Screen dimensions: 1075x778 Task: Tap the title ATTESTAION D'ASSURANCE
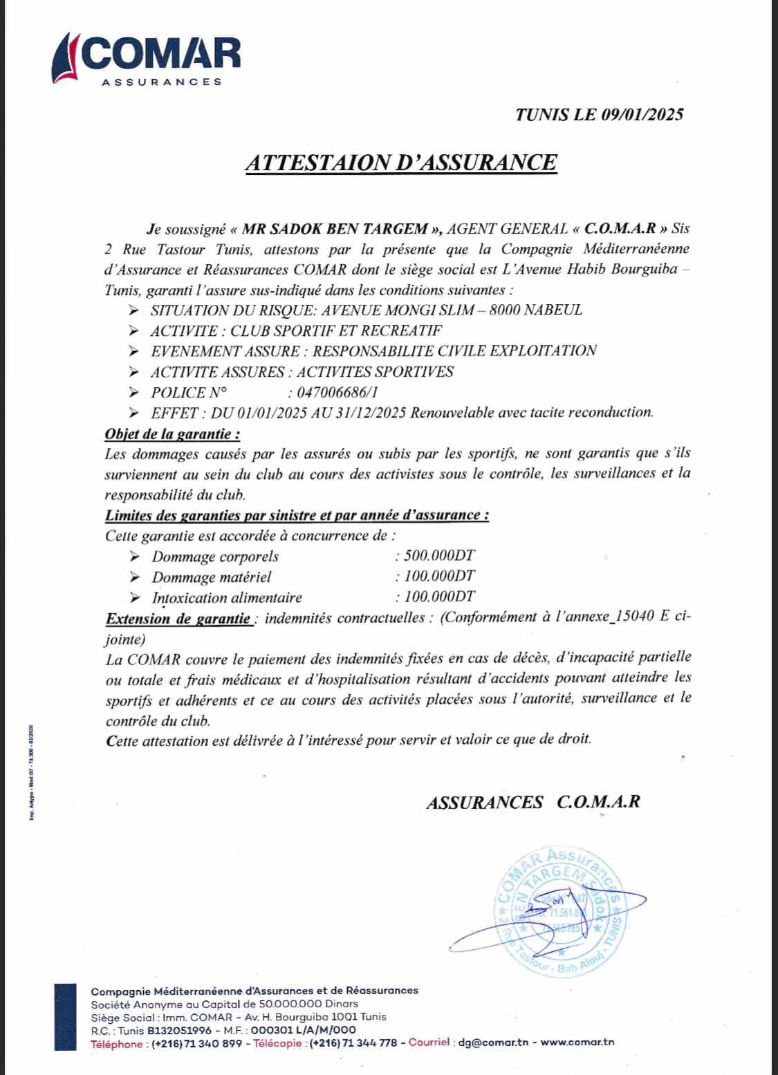[401, 162]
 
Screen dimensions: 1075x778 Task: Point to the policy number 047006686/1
[337, 393]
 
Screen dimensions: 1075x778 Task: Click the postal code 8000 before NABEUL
[505, 310]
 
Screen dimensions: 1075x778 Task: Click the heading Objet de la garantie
[172, 435]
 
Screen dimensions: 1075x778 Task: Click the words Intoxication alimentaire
[227, 598]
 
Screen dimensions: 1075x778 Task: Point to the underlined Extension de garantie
[178, 619]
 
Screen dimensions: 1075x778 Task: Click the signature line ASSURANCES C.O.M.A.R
[533, 802]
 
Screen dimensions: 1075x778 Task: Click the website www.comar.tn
[577, 1043]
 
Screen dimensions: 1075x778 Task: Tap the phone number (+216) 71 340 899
[196, 1043]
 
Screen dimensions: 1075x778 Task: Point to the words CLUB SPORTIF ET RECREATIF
[336, 330]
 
